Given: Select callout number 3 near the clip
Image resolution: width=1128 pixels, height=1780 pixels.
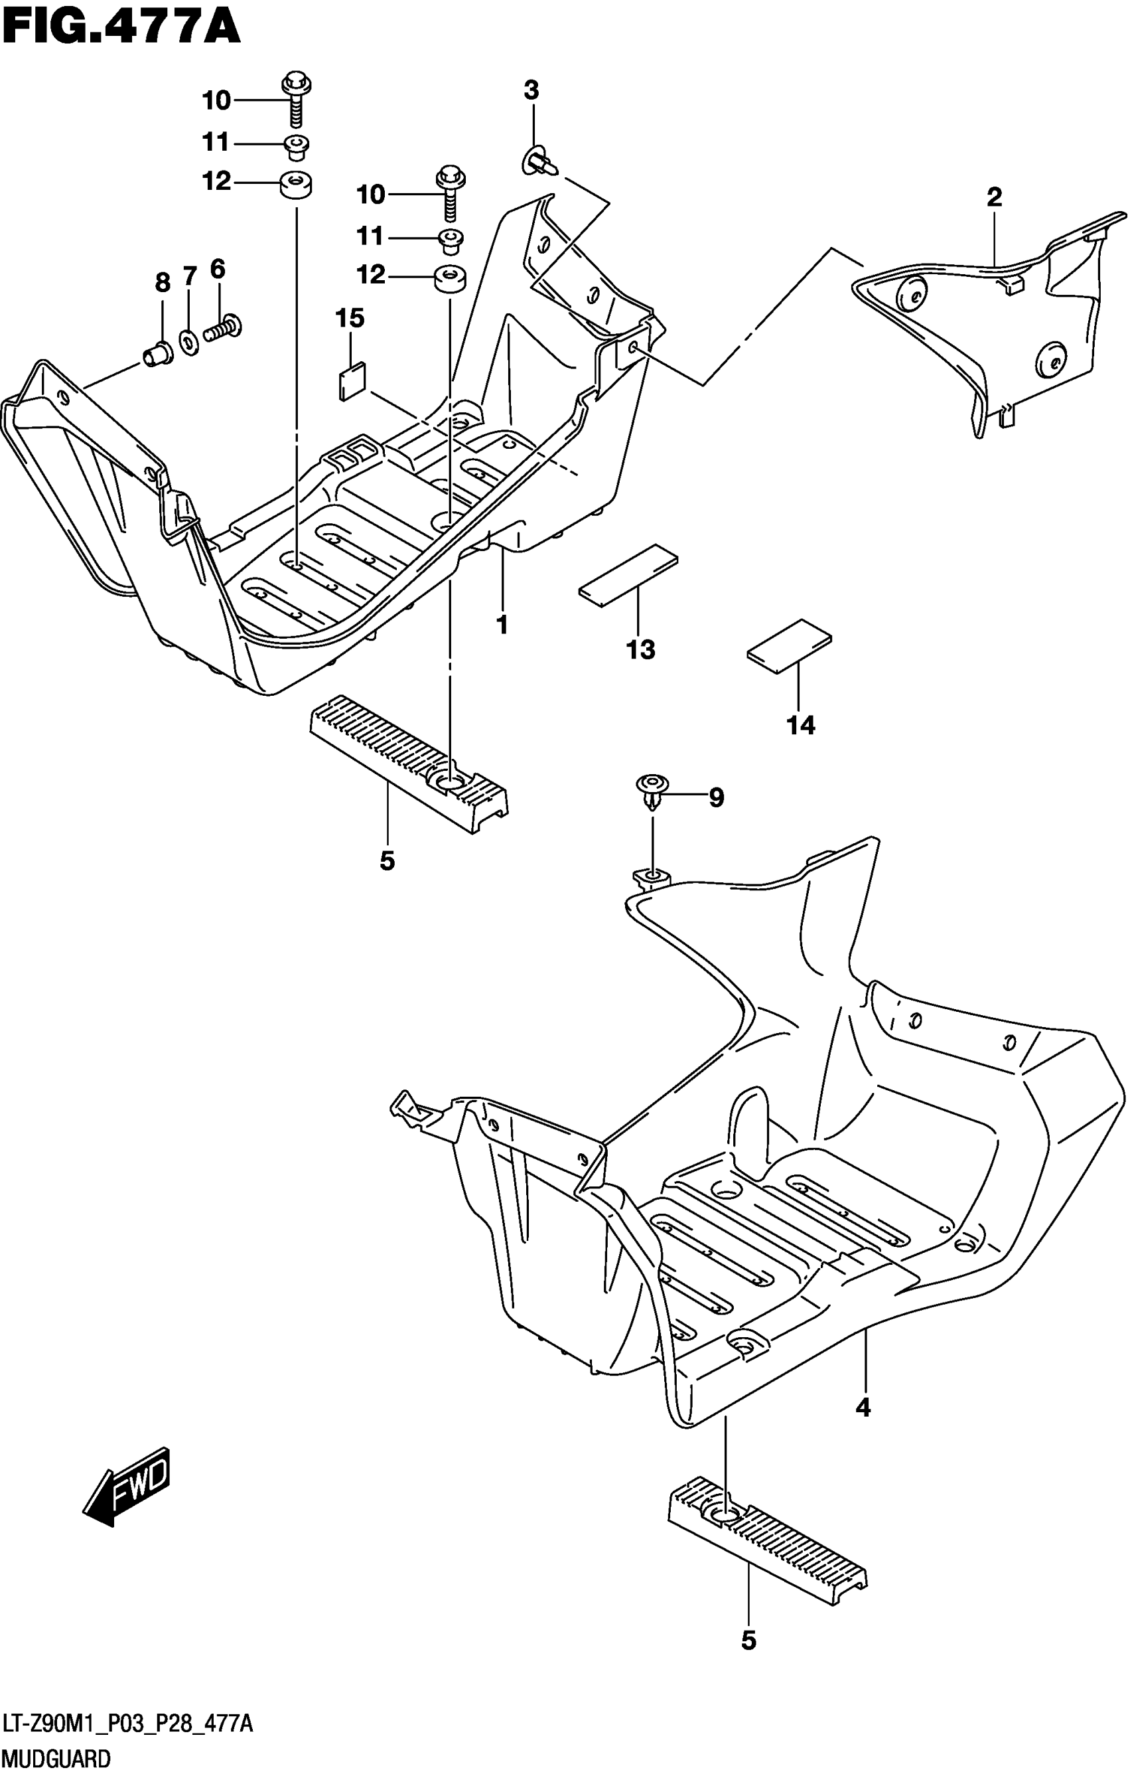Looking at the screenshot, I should click(x=531, y=91).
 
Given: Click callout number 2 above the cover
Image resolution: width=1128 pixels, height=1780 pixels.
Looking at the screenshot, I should click(x=993, y=197).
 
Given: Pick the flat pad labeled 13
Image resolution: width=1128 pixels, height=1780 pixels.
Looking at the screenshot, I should click(x=628, y=576).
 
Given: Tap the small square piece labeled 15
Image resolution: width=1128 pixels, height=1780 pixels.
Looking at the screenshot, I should click(x=352, y=381).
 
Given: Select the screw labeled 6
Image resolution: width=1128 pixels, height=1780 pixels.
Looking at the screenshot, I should click(x=224, y=327).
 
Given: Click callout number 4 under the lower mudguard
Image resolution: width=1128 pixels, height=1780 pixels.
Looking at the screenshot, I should click(x=863, y=1409).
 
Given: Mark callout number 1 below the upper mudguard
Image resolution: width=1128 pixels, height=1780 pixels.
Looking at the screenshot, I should click(x=502, y=625).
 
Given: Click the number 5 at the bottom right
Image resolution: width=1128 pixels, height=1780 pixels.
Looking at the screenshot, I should click(x=748, y=1661).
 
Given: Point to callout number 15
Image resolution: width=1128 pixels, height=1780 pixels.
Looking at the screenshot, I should click(x=350, y=319).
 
